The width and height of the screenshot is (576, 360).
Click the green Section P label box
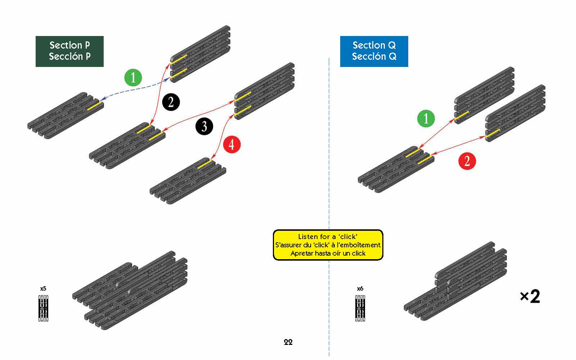click(69, 51)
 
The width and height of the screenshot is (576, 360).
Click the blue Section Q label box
click(374, 51)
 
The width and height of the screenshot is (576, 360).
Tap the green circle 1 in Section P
click(133, 77)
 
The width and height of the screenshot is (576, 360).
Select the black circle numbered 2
click(171, 102)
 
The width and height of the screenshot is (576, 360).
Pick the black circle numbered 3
click(204, 126)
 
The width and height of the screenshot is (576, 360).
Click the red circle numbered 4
click(231, 144)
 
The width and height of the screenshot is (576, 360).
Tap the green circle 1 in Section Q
click(426, 118)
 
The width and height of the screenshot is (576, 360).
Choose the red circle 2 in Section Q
click(467, 161)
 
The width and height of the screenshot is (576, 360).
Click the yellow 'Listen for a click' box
click(328, 245)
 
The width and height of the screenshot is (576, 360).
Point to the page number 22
click(288, 342)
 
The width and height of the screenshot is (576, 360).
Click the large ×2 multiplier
click(530, 297)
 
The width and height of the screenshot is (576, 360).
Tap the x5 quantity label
click(43, 289)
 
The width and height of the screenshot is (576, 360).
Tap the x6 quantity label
click(360, 289)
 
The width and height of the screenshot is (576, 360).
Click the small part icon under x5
click(43, 308)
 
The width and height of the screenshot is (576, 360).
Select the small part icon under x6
click(360, 308)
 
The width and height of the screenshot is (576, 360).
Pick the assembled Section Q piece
click(455, 283)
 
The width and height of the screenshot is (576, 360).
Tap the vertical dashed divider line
click(329, 144)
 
